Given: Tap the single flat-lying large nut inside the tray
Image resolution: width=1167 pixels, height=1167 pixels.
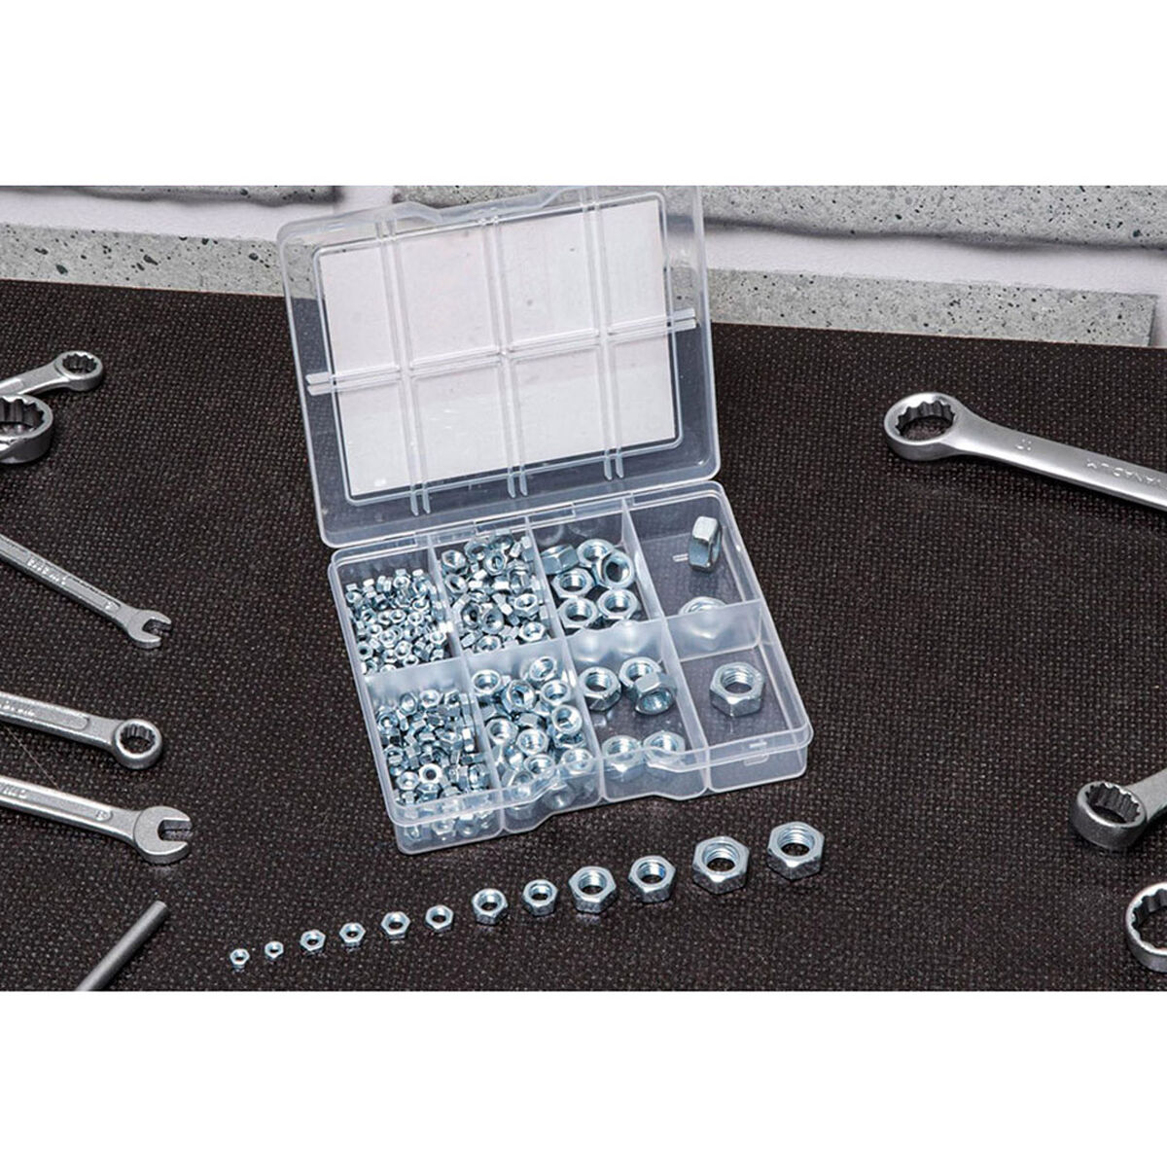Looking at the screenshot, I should [733, 689].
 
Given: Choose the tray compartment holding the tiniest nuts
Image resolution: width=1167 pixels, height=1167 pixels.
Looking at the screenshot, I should [393, 613].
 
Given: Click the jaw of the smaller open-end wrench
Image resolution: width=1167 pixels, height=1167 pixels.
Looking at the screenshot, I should [148, 627].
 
